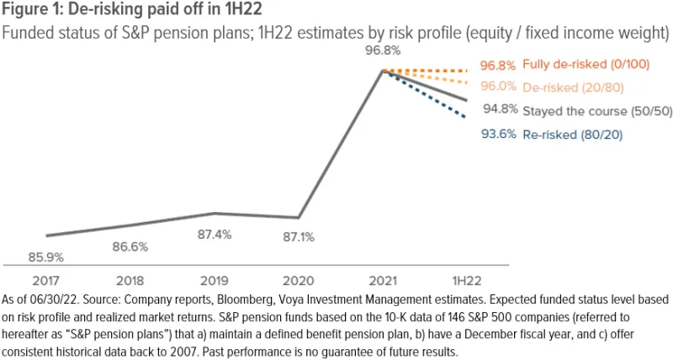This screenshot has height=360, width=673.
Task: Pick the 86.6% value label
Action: coord(130,247)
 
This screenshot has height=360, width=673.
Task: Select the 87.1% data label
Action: coord(298,238)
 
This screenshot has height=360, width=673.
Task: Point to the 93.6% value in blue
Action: coord(499,133)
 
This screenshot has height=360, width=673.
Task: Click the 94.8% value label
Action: coord(499,110)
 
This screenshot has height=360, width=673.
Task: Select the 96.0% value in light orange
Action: coord(499,87)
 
